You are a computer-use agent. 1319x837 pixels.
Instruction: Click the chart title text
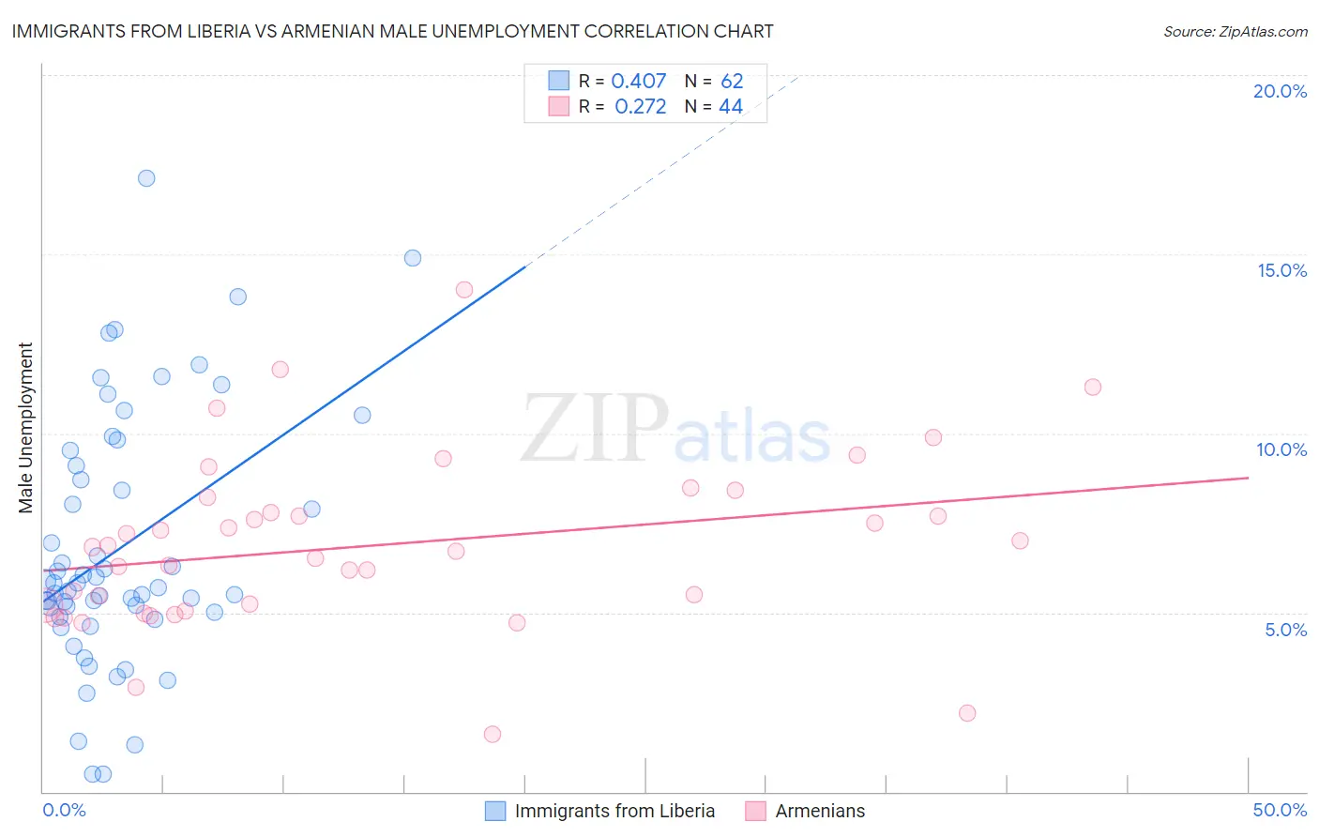click(392, 31)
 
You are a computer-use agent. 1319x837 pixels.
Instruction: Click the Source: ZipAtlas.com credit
click(1235, 31)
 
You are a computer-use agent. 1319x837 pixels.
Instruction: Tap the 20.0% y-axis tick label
click(1280, 91)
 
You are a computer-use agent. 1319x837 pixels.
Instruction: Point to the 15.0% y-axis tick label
click(1281, 270)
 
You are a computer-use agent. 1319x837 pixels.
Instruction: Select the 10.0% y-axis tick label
click(1281, 449)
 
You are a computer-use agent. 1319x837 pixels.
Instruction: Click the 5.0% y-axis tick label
click(1285, 630)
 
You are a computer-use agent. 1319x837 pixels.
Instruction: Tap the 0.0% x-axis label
click(64, 810)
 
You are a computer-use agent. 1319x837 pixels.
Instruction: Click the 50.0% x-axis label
click(1280, 810)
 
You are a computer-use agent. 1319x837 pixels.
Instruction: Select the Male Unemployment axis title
click(26, 428)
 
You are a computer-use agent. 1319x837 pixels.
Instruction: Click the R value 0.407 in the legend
click(638, 82)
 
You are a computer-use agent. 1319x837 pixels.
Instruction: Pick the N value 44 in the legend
click(731, 107)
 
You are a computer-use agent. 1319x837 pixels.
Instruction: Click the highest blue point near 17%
click(146, 178)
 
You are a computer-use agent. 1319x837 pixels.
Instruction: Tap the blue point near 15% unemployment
click(413, 258)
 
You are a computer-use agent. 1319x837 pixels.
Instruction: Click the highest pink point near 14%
click(463, 290)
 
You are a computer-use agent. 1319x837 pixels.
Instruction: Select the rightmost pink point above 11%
click(1092, 387)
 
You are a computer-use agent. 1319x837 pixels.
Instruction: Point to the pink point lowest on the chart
click(493, 734)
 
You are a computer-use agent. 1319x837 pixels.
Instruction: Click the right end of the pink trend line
click(1248, 478)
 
